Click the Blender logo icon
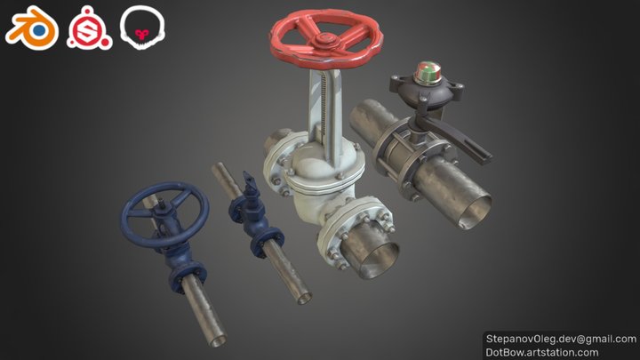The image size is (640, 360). (x=31, y=29)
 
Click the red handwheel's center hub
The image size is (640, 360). (x=327, y=40)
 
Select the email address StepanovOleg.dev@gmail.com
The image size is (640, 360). (x=560, y=339)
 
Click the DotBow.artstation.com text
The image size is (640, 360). (x=542, y=352)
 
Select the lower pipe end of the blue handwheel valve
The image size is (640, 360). (x=214, y=336)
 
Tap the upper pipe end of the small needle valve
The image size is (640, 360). (x=218, y=171)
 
